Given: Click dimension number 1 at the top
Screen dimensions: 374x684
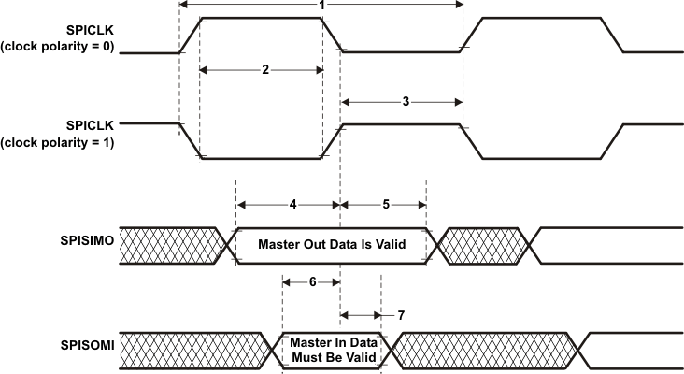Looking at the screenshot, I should click(x=321, y=6).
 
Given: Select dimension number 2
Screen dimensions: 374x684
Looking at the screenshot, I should click(x=265, y=70).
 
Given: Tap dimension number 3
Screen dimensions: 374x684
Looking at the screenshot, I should click(x=405, y=101).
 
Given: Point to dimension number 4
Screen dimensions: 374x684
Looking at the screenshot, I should click(x=292, y=203).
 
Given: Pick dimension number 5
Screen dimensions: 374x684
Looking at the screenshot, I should click(x=387, y=203).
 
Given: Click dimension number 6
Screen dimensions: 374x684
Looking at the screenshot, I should click(x=311, y=280).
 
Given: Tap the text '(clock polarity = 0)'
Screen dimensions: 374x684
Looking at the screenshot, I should click(x=57, y=47).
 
